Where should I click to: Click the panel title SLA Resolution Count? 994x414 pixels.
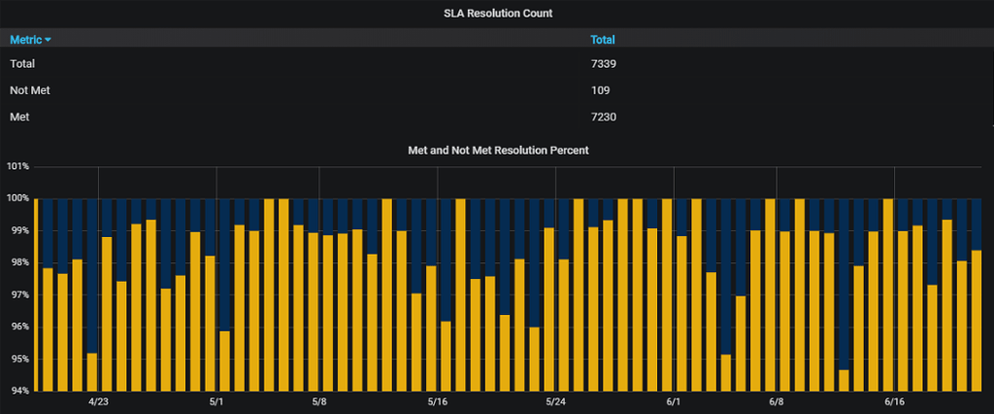497,13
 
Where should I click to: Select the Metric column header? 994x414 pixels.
25,40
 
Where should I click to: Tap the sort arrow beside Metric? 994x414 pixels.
49,40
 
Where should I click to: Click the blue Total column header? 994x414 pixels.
603,40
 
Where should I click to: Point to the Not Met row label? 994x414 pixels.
29,90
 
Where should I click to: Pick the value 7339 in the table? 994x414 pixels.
604,64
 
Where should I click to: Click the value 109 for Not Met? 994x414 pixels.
600,90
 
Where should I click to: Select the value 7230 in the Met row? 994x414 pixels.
604,118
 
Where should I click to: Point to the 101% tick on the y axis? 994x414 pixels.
17,166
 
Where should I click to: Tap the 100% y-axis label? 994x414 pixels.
17,198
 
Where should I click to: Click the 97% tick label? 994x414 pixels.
17,294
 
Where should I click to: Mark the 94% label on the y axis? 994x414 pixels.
17,391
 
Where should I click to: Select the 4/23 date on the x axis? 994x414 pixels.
99,401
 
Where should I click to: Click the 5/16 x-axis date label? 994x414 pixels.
437,401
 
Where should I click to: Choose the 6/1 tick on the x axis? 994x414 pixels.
674,401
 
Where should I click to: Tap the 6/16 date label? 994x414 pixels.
894,401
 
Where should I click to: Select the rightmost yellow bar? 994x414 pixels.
977,321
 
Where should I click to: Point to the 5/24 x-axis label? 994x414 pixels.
555,401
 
